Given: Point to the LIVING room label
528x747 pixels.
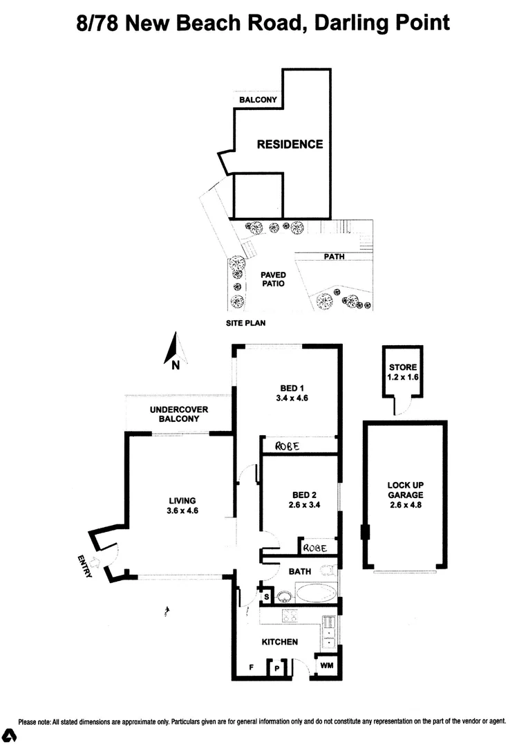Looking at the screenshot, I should coord(182,501).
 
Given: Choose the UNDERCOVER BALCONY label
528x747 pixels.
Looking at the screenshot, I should coord(179,414).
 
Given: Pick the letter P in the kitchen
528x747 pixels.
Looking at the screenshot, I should coord(277,667).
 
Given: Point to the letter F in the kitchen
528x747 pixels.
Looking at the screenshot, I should coord(252,667).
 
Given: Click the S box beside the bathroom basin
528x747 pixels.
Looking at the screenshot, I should coord(266,596).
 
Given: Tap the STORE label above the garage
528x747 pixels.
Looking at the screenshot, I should coord(402,367).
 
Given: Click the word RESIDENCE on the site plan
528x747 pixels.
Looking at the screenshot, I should coord(290,145).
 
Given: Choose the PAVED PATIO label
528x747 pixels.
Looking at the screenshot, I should coord(273,279).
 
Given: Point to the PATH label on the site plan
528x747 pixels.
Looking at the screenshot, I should coord(334,257).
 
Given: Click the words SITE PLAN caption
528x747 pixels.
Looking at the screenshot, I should coord(246,323).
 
